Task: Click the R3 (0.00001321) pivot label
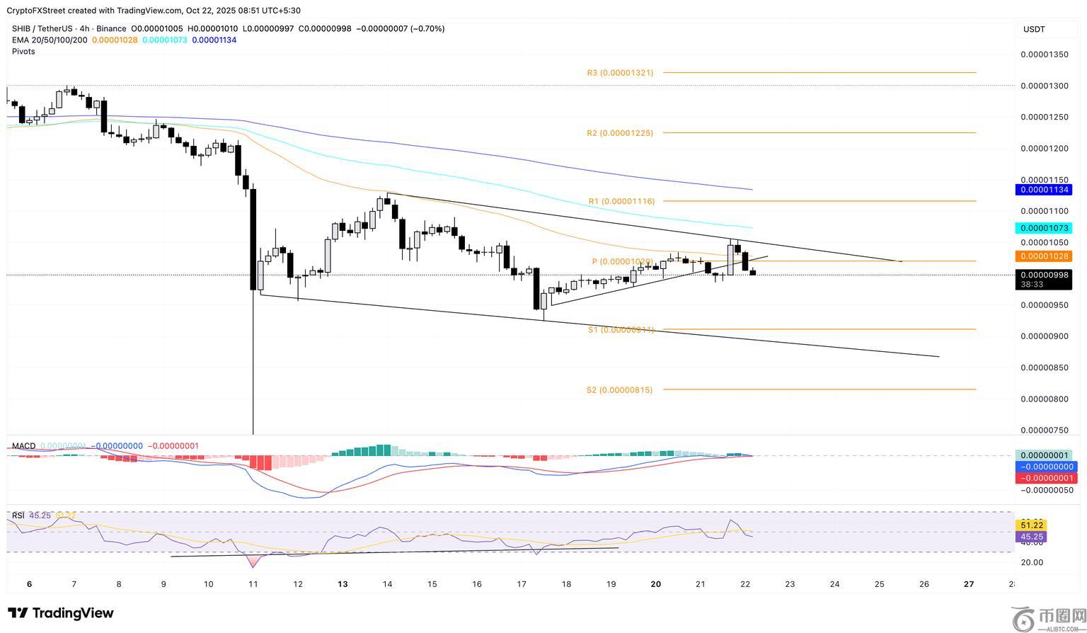[620, 73]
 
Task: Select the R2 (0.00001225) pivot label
[620, 133]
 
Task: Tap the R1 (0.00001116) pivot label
[621, 202]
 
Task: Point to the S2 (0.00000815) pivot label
[619, 390]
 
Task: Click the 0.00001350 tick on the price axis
[1045, 55]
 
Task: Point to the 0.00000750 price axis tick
[1045, 430]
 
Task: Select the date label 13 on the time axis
[343, 584]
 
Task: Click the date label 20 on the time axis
[656, 584]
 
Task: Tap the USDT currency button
[1034, 29]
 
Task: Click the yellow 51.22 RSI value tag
[1030, 525]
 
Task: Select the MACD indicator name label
[23, 446]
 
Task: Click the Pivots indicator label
[23, 52]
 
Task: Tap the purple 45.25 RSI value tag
[1030, 537]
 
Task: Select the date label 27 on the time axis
[969, 584]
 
